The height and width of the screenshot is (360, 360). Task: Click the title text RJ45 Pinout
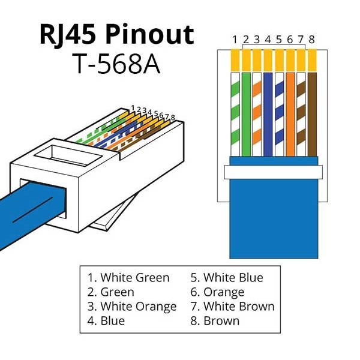pyautogui.click(x=117, y=34)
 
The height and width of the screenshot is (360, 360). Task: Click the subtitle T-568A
pyautogui.click(x=117, y=64)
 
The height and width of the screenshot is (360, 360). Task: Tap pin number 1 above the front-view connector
pyautogui.click(x=235, y=40)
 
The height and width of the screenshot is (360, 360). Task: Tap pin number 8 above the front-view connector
pyautogui.click(x=311, y=40)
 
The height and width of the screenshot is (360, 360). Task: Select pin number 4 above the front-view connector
pyautogui.click(x=268, y=40)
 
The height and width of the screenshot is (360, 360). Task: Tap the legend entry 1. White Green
pyautogui.click(x=128, y=277)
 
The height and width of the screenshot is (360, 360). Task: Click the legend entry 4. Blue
pyautogui.click(x=106, y=321)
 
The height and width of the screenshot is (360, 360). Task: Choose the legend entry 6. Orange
pyautogui.click(x=217, y=292)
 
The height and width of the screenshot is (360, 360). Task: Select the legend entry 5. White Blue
pyautogui.click(x=227, y=277)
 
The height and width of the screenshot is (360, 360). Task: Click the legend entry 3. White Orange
pyautogui.click(x=132, y=307)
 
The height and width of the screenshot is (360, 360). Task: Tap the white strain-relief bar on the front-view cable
pyautogui.click(x=273, y=172)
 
